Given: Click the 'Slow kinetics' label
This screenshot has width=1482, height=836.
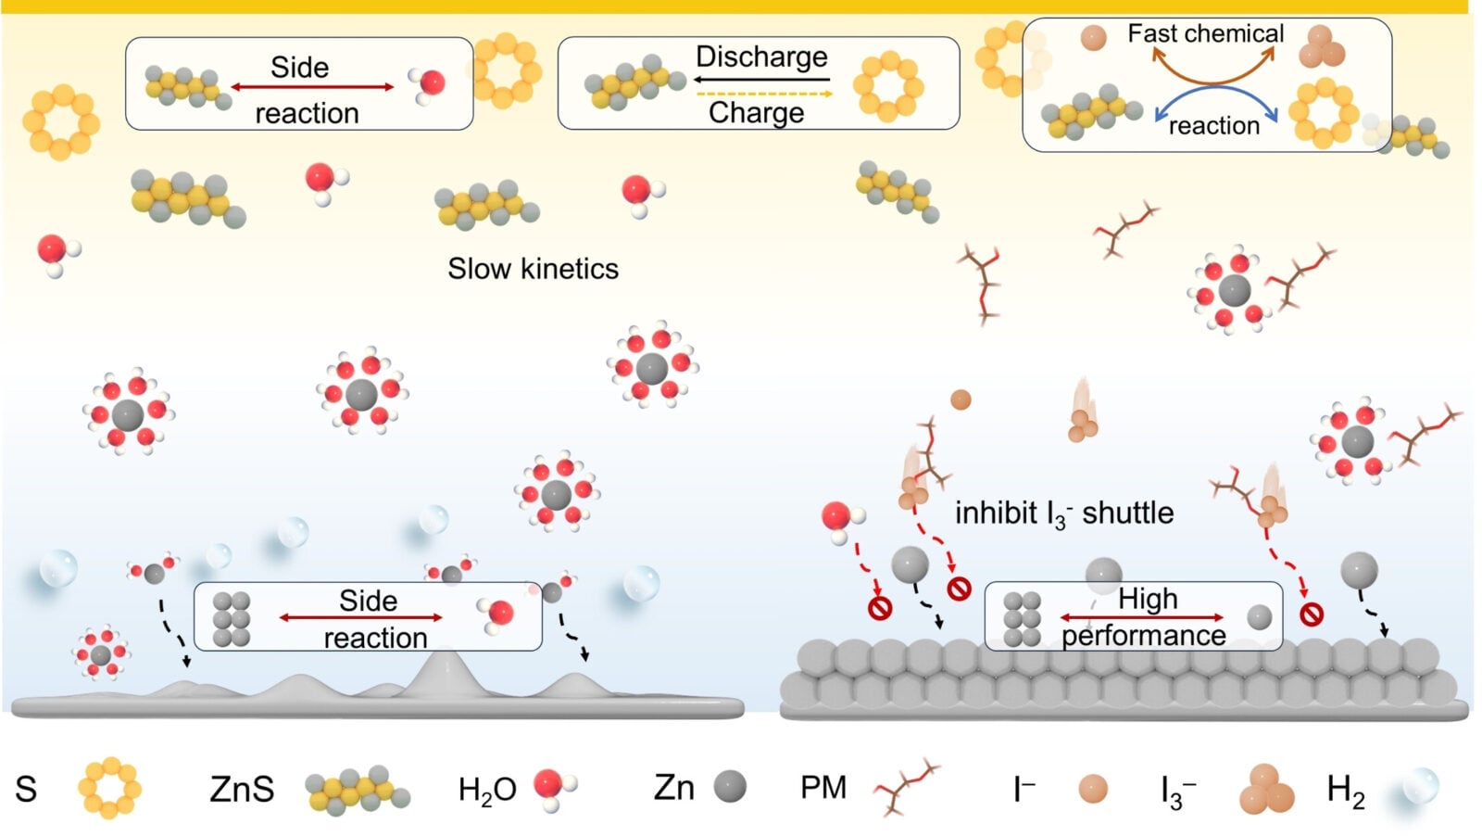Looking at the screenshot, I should point(533,269).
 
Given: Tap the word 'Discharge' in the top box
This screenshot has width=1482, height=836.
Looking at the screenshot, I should point(761,57).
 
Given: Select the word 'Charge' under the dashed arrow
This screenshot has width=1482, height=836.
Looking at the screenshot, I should point(756,113).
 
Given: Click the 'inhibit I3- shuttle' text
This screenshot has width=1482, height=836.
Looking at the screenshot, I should point(1064,513).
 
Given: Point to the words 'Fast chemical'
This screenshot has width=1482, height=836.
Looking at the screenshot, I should point(1205,34).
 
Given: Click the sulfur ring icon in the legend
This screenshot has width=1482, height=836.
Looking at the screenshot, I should point(109,788).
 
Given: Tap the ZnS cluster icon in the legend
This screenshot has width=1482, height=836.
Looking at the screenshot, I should point(358,790).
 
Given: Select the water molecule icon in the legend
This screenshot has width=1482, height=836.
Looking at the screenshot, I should point(553,789).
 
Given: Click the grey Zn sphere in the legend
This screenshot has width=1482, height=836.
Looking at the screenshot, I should point(730,787).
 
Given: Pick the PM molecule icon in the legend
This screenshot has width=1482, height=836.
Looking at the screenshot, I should point(907,787).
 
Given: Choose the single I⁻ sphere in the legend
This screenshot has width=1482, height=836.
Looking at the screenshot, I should point(1093,789).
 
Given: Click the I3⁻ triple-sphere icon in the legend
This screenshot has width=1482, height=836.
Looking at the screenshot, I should point(1266,790).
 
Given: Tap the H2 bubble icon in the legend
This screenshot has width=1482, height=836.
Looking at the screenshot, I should point(1419,786).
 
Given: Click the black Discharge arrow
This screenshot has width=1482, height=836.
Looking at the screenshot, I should point(761,80).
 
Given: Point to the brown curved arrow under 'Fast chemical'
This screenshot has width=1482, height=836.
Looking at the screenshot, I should point(1213,67).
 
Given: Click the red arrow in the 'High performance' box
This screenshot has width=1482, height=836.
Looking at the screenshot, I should point(1141,617).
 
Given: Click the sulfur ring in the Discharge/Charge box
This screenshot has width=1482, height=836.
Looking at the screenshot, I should point(888,86).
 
